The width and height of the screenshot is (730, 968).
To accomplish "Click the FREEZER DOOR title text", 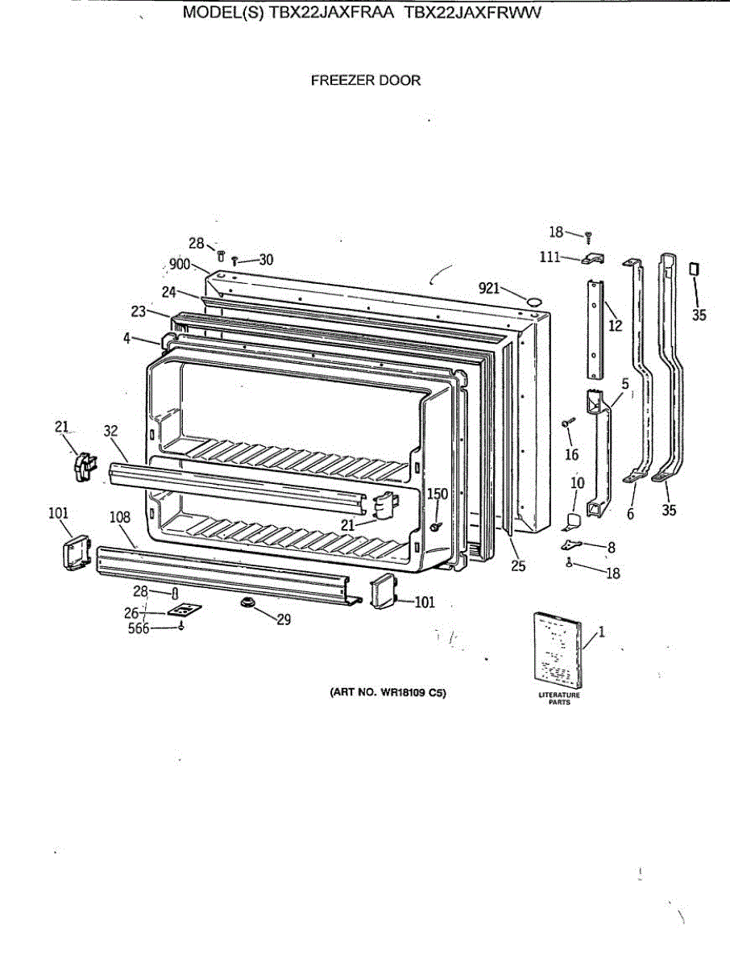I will [365, 81].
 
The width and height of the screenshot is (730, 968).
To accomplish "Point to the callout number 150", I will [437, 494].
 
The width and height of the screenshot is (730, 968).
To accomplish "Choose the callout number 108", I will [120, 517].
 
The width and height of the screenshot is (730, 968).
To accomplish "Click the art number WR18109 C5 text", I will [387, 692].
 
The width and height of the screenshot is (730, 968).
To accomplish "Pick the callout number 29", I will [283, 620].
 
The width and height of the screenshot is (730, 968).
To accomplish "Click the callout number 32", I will [111, 432].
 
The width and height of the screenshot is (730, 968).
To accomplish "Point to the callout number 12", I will [616, 326].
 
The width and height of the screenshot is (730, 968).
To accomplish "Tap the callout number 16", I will [571, 455].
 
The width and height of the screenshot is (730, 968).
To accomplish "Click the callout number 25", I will [518, 566].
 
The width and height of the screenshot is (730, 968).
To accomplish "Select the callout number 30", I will [266, 260].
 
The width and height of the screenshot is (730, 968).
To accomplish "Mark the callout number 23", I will [138, 311].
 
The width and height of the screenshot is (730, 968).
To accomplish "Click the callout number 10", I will [578, 483].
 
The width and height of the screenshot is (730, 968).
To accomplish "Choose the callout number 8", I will [612, 547].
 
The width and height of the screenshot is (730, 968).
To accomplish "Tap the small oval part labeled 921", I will [533, 302].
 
